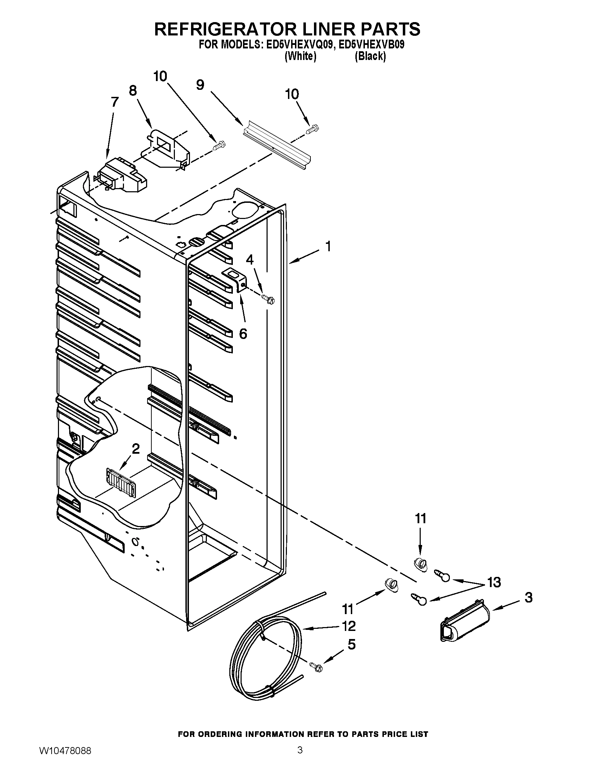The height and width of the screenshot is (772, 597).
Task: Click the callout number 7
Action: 114,102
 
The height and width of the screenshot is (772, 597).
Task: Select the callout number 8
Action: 133,91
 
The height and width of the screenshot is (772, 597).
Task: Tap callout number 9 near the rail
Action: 200,85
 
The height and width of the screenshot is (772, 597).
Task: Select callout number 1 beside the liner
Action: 328,246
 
